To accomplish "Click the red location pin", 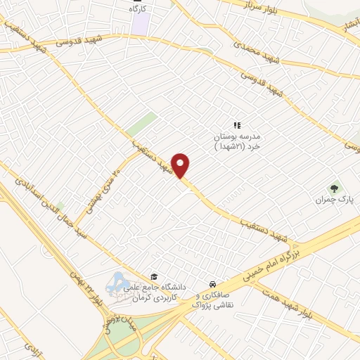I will click(181, 165).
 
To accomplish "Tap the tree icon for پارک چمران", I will click(334, 188).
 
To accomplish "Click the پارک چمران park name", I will click(334, 200).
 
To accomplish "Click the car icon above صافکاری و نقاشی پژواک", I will click(212, 283).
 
